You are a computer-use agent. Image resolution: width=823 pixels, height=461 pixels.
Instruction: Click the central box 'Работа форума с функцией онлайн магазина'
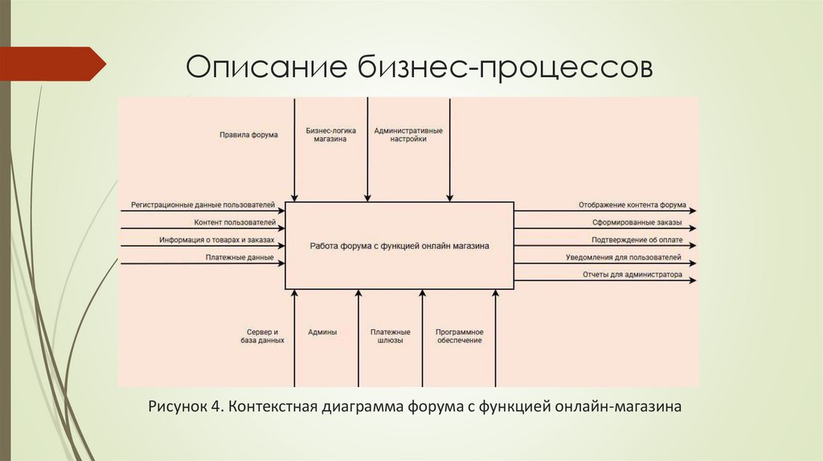click(399, 246)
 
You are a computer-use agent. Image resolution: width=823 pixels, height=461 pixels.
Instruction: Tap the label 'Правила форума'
click(248, 135)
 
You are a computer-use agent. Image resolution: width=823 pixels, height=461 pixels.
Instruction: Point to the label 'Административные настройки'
click(408, 134)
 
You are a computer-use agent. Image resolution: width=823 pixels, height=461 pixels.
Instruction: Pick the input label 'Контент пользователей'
click(235, 222)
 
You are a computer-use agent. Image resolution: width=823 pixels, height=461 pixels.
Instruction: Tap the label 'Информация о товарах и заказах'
click(217, 240)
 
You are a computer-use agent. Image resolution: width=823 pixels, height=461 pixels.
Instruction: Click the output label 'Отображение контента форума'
click(632, 206)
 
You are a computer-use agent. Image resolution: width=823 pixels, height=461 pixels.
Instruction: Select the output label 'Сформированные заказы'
click(637, 222)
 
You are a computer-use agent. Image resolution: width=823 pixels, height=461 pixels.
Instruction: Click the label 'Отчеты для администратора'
click(633, 275)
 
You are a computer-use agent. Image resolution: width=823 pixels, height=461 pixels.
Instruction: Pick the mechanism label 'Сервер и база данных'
click(262, 336)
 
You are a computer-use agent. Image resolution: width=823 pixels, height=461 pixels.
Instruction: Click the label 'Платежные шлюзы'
click(391, 336)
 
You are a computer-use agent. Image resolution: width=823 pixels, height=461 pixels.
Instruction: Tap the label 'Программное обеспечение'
click(459, 336)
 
